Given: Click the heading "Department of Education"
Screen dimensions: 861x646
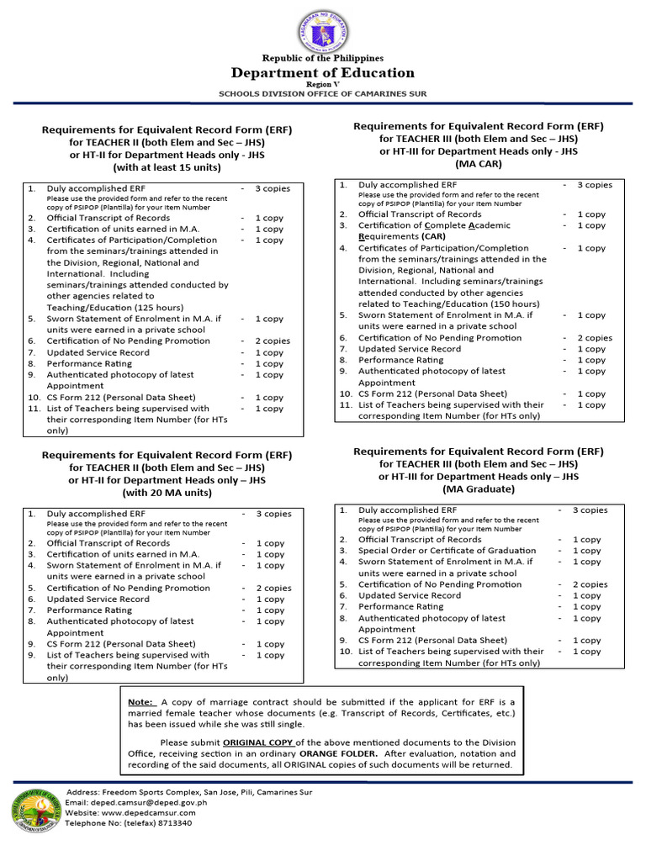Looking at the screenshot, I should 323,73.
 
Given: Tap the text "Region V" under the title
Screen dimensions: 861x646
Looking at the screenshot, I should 323,86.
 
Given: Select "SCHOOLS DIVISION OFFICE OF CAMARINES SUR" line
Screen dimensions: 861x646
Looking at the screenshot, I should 323,95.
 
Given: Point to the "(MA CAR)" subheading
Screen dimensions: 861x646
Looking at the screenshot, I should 479,163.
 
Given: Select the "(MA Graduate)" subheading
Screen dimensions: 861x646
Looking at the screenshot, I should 479,489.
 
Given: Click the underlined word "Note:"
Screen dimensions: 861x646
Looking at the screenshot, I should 141,702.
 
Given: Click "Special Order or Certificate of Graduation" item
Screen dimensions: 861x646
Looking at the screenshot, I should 447,551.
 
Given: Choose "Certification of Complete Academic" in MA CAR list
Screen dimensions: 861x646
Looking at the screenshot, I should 434,225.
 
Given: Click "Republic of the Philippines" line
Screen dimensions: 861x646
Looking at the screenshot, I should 323,58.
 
